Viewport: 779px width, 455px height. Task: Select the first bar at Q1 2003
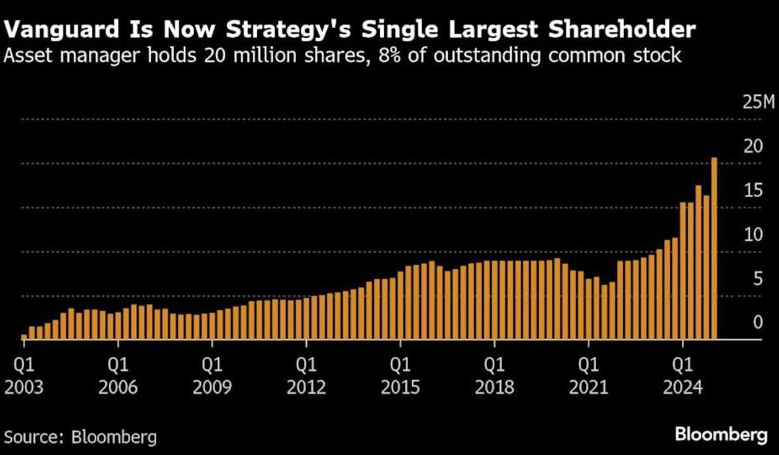click(x=24, y=337)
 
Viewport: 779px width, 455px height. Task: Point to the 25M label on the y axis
click(x=758, y=102)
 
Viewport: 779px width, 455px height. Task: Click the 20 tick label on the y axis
click(x=753, y=146)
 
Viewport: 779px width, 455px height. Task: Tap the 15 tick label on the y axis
click(x=753, y=190)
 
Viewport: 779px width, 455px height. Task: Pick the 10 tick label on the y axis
click(x=753, y=234)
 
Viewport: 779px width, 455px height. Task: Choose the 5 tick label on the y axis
click(x=757, y=279)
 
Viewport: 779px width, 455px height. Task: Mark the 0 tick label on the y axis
click(x=757, y=322)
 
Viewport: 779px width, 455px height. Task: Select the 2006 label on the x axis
click(x=118, y=386)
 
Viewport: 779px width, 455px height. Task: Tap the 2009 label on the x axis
click(x=212, y=386)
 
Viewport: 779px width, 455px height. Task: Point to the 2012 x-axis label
click(x=306, y=386)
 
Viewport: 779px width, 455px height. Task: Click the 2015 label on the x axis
click(x=400, y=386)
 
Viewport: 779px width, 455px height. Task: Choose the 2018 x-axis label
click(x=494, y=386)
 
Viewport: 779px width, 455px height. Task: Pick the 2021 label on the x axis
click(x=588, y=386)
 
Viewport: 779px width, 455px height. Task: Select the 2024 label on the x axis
click(x=682, y=386)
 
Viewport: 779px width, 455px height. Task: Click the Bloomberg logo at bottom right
click(x=721, y=435)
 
